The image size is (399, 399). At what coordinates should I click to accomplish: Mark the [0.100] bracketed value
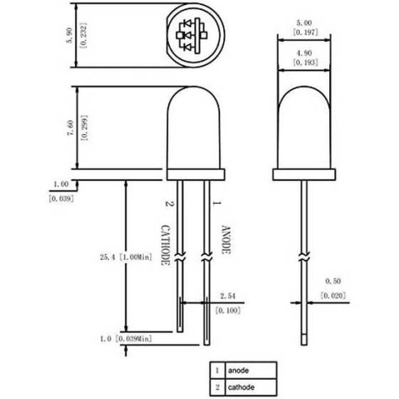pyautogui.click(x=227, y=311)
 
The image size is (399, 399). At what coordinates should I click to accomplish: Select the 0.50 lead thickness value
pyautogui.click(x=332, y=282)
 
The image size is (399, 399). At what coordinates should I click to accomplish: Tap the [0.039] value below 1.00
pyautogui.click(x=60, y=199)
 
